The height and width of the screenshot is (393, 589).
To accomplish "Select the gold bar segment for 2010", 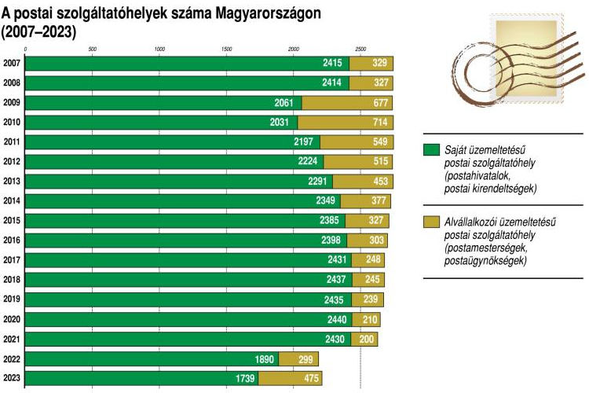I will coord(346,122).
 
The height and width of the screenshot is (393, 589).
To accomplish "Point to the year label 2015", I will coord(12,221).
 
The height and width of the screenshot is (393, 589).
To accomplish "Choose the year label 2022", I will coord(12,358).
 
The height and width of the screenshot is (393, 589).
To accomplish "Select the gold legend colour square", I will coord(430,222).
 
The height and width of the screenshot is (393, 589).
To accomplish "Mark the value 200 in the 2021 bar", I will coord(365,339).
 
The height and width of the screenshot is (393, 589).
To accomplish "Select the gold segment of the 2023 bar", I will coord(290,378).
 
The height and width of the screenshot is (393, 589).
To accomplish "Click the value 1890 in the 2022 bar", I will coord(262,358).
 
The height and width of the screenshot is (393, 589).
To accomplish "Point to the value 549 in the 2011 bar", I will coord(379,142).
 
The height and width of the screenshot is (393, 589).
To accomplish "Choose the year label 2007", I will coord(12,63).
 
